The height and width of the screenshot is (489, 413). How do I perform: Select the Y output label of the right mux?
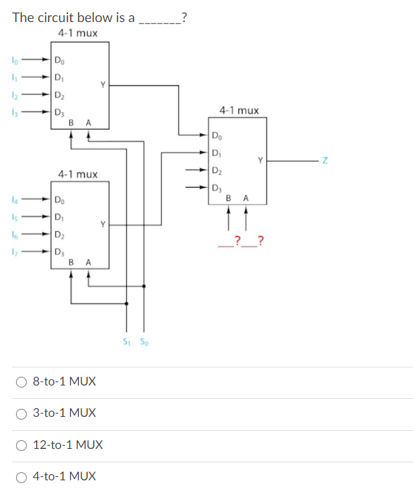click(x=260, y=160)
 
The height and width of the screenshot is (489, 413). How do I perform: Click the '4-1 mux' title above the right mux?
click(x=239, y=110)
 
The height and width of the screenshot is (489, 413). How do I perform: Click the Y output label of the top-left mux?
click(x=102, y=85)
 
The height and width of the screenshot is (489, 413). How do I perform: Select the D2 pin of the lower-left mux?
click(x=59, y=233)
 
